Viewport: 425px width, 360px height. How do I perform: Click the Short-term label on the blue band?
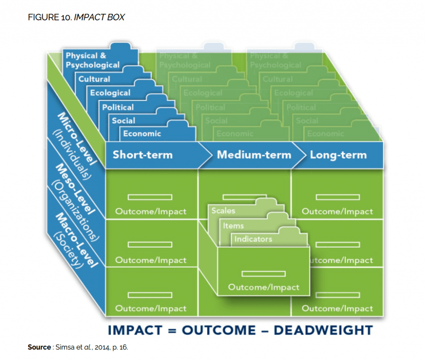click(142, 155)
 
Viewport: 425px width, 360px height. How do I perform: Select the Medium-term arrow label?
click(254, 155)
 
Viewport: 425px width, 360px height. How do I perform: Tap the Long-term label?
click(338, 155)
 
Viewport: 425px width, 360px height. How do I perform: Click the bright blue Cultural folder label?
click(95, 79)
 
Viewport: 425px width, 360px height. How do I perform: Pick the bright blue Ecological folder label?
click(110, 93)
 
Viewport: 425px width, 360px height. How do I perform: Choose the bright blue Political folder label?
click(118, 107)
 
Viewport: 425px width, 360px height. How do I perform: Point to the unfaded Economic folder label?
click(142, 134)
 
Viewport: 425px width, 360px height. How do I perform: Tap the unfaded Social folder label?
click(123, 121)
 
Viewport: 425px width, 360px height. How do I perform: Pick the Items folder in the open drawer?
click(233, 226)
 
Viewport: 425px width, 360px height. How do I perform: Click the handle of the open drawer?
click(264, 273)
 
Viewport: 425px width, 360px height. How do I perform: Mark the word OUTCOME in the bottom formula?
click(218, 330)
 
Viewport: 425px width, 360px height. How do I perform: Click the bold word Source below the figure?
click(39, 347)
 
